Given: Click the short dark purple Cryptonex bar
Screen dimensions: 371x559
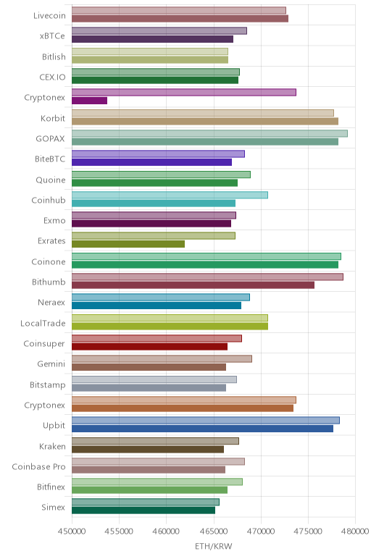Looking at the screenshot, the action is click(x=89, y=101).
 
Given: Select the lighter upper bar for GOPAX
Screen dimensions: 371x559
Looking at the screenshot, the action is click(x=209, y=134).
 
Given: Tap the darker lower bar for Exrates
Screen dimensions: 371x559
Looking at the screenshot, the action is click(x=128, y=244).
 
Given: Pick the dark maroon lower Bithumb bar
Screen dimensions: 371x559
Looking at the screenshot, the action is click(x=193, y=285).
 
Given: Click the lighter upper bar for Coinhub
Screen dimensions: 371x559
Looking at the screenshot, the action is click(x=170, y=195).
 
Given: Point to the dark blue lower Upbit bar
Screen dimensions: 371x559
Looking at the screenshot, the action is click(x=202, y=429).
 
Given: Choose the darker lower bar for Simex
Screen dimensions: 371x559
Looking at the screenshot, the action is click(x=143, y=510).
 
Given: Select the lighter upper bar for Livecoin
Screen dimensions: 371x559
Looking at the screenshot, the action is click(x=179, y=10).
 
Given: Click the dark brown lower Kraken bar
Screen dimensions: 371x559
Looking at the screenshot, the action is click(x=148, y=449).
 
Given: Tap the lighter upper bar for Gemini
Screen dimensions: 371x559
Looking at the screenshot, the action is click(x=162, y=359).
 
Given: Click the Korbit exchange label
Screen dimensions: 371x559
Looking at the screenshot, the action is click(x=53, y=118).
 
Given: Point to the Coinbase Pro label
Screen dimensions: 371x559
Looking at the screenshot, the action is click(x=39, y=466).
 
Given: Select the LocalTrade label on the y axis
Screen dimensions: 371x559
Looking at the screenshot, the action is click(x=43, y=324).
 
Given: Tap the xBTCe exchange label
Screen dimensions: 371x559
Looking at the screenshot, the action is click(x=52, y=36).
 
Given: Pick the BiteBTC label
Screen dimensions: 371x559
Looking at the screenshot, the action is click(x=50, y=159).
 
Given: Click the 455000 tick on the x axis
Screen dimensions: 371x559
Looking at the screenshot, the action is click(x=119, y=531).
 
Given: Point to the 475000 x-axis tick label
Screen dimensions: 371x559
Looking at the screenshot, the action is click(x=308, y=531).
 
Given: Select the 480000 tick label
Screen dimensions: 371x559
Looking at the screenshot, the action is click(x=354, y=531).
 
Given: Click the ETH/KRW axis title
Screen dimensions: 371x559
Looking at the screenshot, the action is click(x=214, y=546).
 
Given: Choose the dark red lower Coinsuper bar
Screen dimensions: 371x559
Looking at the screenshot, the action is click(x=149, y=347).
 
